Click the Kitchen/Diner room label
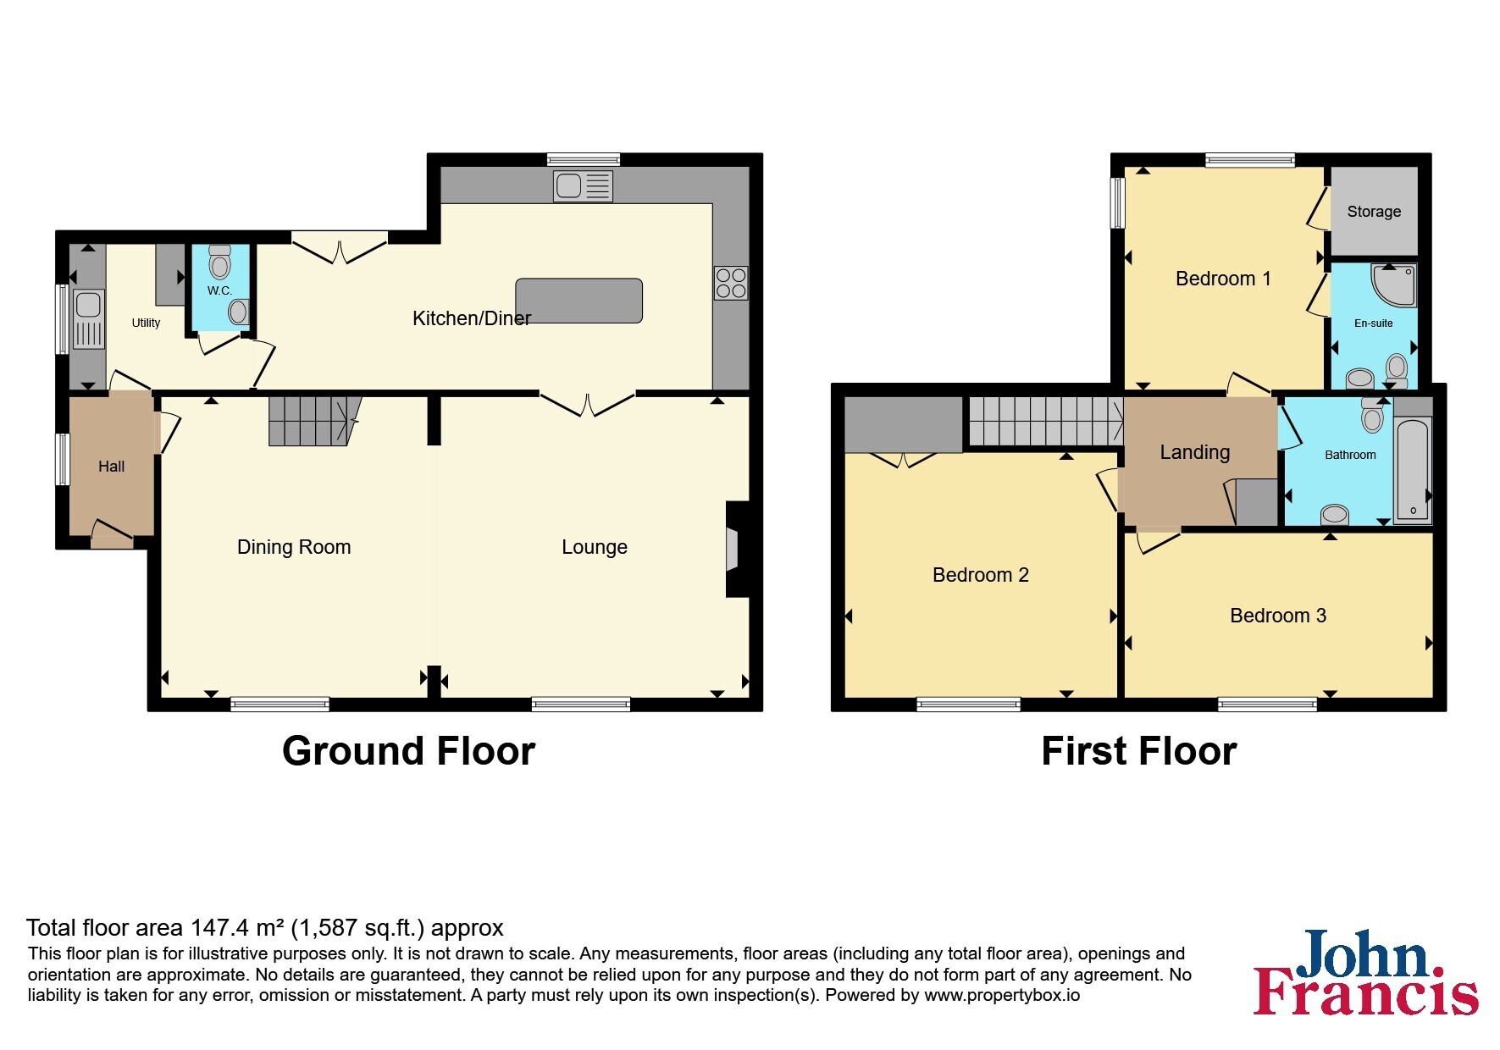[x=472, y=318]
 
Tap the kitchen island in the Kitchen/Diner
[x=579, y=301]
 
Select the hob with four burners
[x=731, y=284]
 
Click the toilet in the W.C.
[x=220, y=262]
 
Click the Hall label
[x=111, y=467]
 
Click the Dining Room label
[x=294, y=547]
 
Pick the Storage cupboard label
[x=1374, y=212]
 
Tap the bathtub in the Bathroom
[x=1413, y=468]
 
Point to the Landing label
[x=1195, y=452]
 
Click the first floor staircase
[x=1046, y=422]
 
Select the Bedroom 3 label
[x=1278, y=616]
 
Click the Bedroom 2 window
[x=969, y=704]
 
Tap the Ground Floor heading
[x=408, y=751]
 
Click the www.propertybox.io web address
[x=1002, y=995]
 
